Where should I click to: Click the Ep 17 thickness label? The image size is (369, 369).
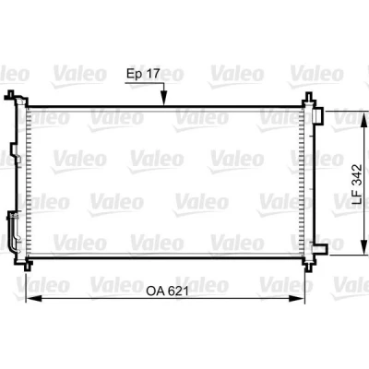143,74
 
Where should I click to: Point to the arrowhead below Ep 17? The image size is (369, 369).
163,99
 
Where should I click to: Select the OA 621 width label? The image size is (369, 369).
167,291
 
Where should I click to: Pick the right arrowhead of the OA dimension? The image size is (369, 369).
296,298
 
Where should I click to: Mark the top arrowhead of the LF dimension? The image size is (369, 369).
364,119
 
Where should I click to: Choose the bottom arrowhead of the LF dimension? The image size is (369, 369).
364,247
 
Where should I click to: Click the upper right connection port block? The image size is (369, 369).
317,116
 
